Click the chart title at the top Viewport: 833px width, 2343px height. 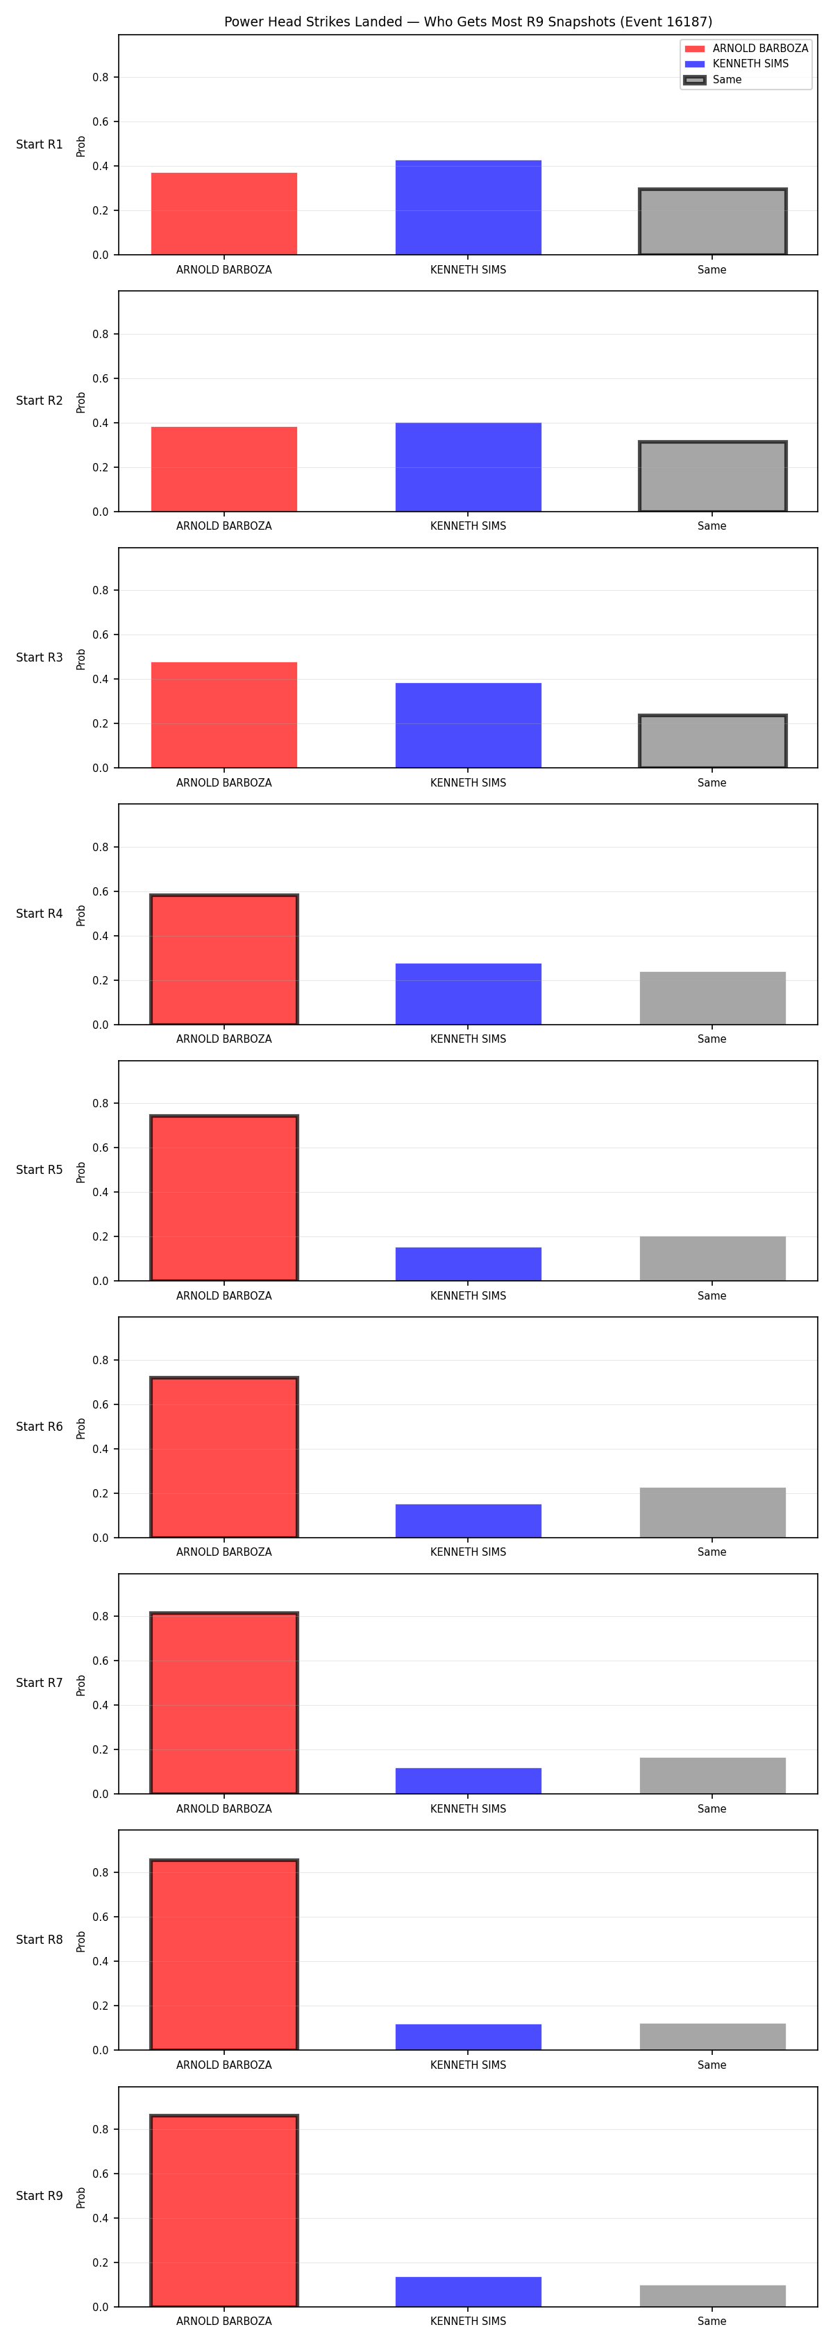(x=469, y=22)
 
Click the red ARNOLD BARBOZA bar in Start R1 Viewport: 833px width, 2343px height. (x=224, y=214)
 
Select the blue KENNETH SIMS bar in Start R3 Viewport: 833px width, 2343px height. (x=469, y=725)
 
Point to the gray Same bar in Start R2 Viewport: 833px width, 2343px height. (x=713, y=477)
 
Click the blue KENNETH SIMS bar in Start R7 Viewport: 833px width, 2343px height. (x=469, y=1781)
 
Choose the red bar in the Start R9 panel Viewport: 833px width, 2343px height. (x=224, y=2211)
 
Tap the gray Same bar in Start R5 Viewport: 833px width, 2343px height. (x=713, y=1259)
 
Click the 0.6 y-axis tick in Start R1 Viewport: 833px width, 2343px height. (x=100, y=122)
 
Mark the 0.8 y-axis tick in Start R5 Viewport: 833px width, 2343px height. (x=100, y=1103)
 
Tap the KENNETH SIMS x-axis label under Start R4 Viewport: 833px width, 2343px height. (x=469, y=1039)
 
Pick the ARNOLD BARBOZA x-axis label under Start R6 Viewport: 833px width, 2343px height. (x=224, y=1552)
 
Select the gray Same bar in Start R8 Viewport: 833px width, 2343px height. (x=713, y=2036)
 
